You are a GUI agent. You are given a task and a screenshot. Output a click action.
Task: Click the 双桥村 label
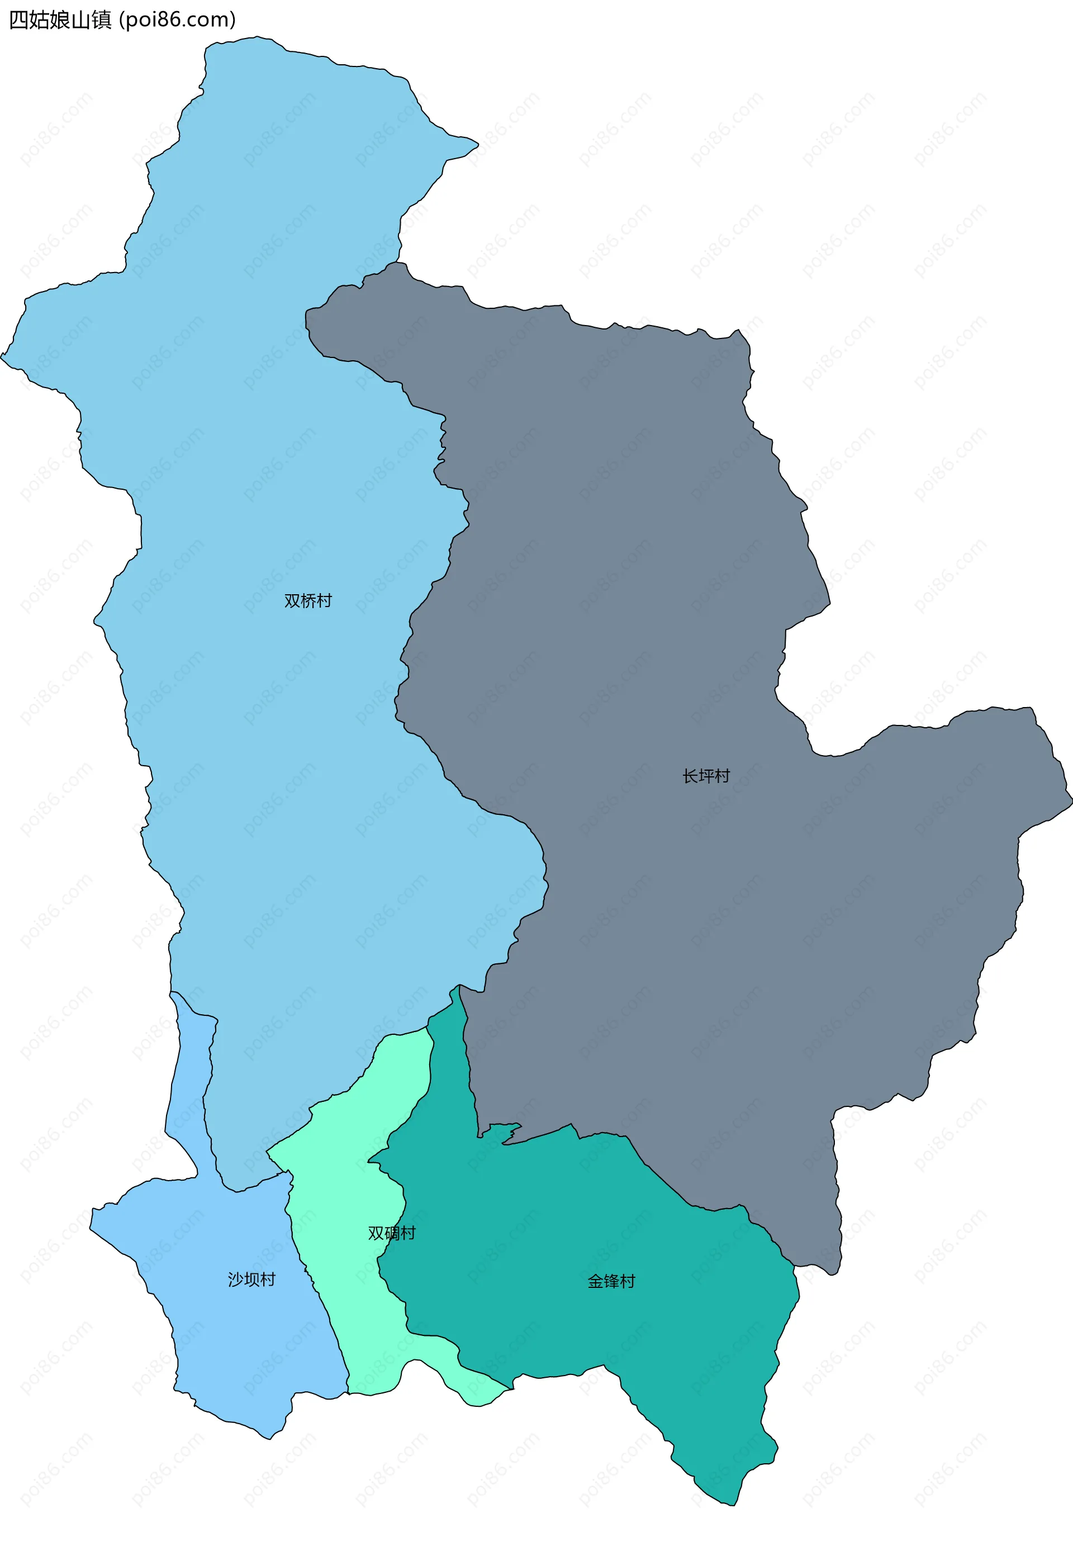click(x=308, y=600)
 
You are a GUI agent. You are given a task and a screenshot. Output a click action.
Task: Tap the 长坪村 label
click(x=705, y=776)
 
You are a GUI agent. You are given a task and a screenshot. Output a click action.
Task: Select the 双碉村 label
click(x=392, y=1233)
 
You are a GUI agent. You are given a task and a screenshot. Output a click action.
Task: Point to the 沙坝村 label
click(x=251, y=1280)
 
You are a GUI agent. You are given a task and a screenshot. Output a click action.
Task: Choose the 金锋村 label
click(x=611, y=1281)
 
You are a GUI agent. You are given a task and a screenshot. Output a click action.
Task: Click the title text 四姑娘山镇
click(x=60, y=20)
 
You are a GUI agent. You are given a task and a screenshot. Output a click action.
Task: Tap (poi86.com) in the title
click(x=177, y=20)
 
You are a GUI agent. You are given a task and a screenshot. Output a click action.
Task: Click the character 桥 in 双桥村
click(x=308, y=600)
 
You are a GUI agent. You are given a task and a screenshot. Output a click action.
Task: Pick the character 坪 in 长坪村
click(x=705, y=776)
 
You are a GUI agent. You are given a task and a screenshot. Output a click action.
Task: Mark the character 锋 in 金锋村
click(x=611, y=1281)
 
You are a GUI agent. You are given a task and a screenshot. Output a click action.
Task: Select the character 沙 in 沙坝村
click(x=236, y=1280)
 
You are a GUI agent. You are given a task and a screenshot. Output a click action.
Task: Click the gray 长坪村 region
click(x=672, y=604)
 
